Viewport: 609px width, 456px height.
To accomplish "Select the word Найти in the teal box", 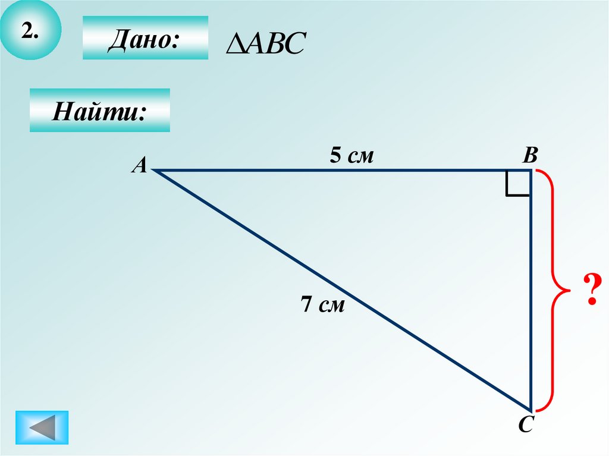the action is [99, 111].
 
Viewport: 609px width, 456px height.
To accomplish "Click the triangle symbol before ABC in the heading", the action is [233, 43].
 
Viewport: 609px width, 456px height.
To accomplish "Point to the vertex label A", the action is [139, 166].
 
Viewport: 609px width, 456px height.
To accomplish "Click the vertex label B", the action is [530, 156].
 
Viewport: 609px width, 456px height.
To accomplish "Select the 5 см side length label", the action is [352, 156].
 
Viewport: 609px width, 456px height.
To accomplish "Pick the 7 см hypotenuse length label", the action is [322, 305].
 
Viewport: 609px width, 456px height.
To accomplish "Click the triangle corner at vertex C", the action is [530, 409].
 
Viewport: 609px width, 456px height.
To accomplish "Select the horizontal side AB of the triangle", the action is [342, 171].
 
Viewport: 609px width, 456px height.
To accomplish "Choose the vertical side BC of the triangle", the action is [530, 297].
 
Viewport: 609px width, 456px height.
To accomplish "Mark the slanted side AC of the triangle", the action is [342, 290].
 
